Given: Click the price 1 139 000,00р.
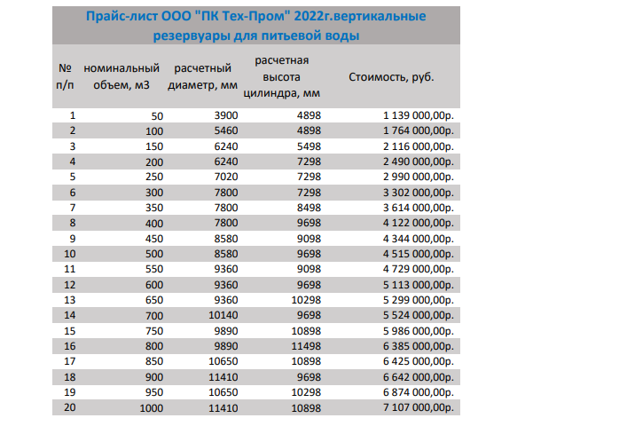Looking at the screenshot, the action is (x=419, y=115).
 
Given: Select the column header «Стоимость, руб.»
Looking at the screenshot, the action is (x=391, y=77).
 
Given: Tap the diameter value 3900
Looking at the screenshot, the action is (x=226, y=115).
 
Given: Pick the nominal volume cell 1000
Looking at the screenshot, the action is (x=151, y=408).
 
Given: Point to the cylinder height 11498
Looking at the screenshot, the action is (x=306, y=346).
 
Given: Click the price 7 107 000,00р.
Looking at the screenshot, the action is (x=419, y=407).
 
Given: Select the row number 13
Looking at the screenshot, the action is (x=69, y=300).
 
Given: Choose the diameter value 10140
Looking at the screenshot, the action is (x=223, y=315).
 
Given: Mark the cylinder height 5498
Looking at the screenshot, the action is (x=309, y=146).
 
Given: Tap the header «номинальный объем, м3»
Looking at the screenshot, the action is (x=121, y=76).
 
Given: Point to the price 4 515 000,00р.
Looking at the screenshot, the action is (x=419, y=254).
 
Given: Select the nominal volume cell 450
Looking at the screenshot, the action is (x=154, y=239).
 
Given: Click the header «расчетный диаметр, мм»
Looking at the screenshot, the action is (x=203, y=76).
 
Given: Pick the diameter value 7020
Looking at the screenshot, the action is (x=226, y=177).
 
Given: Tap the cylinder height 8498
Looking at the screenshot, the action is (x=309, y=208).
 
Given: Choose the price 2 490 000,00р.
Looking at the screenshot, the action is (x=419, y=162).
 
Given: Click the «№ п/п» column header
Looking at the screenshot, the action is (x=65, y=76).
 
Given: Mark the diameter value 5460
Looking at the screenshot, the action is (x=226, y=130).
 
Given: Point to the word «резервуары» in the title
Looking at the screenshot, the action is (x=192, y=36).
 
